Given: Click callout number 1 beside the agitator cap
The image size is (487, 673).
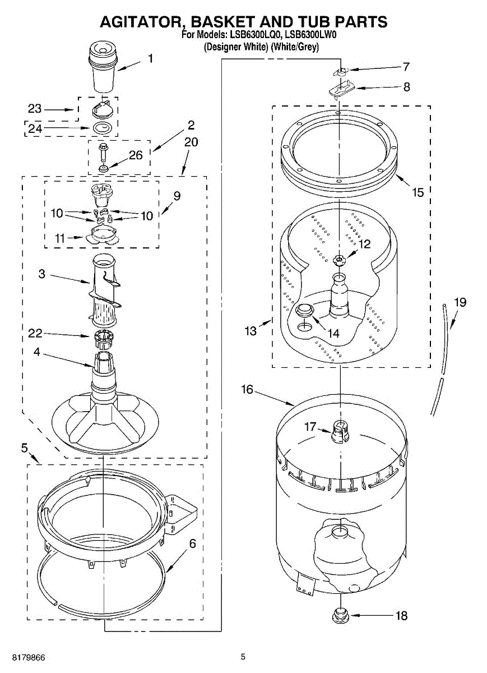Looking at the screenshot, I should click(150, 58).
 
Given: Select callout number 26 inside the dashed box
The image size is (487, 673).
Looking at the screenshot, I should click(136, 155).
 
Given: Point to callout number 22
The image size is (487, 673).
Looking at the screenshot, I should click(35, 334).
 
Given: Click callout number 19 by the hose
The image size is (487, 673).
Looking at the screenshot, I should click(460, 302).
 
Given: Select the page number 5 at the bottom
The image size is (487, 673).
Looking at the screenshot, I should click(243, 657).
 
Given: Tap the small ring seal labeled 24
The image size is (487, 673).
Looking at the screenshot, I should click(101, 128).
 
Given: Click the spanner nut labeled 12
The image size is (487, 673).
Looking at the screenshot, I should click(338, 259).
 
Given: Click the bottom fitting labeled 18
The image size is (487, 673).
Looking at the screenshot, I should click(340, 616).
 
